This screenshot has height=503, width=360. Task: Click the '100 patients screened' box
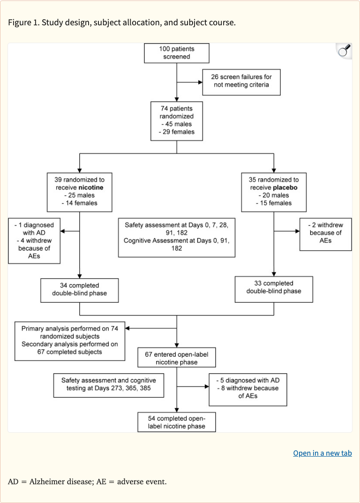[176, 53]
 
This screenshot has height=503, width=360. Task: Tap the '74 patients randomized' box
[176, 120]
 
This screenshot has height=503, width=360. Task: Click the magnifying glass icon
[344, 51]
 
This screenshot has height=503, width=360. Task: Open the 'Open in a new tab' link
[322, 453]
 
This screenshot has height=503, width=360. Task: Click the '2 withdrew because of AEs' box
[325, 233]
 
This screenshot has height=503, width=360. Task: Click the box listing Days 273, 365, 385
[109, 385]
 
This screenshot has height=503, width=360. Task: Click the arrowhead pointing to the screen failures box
[200, 83]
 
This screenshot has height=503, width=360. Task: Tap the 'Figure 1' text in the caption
[23, 22]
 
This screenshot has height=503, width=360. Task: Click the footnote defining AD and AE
[87, 481]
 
